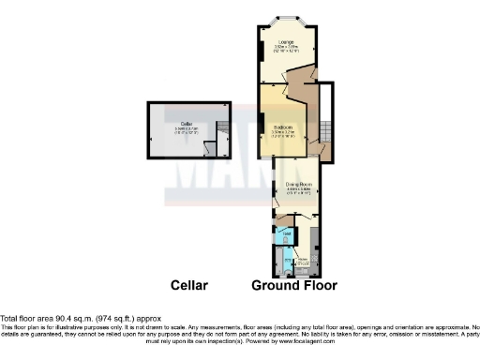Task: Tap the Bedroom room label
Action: coord(284,127)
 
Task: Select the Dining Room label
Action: coord(298,185)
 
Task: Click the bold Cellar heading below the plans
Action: coord(188,285)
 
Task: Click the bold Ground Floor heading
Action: coord(294,285)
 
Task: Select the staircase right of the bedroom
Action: coord(326,127)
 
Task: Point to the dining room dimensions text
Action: coord(298,192)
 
